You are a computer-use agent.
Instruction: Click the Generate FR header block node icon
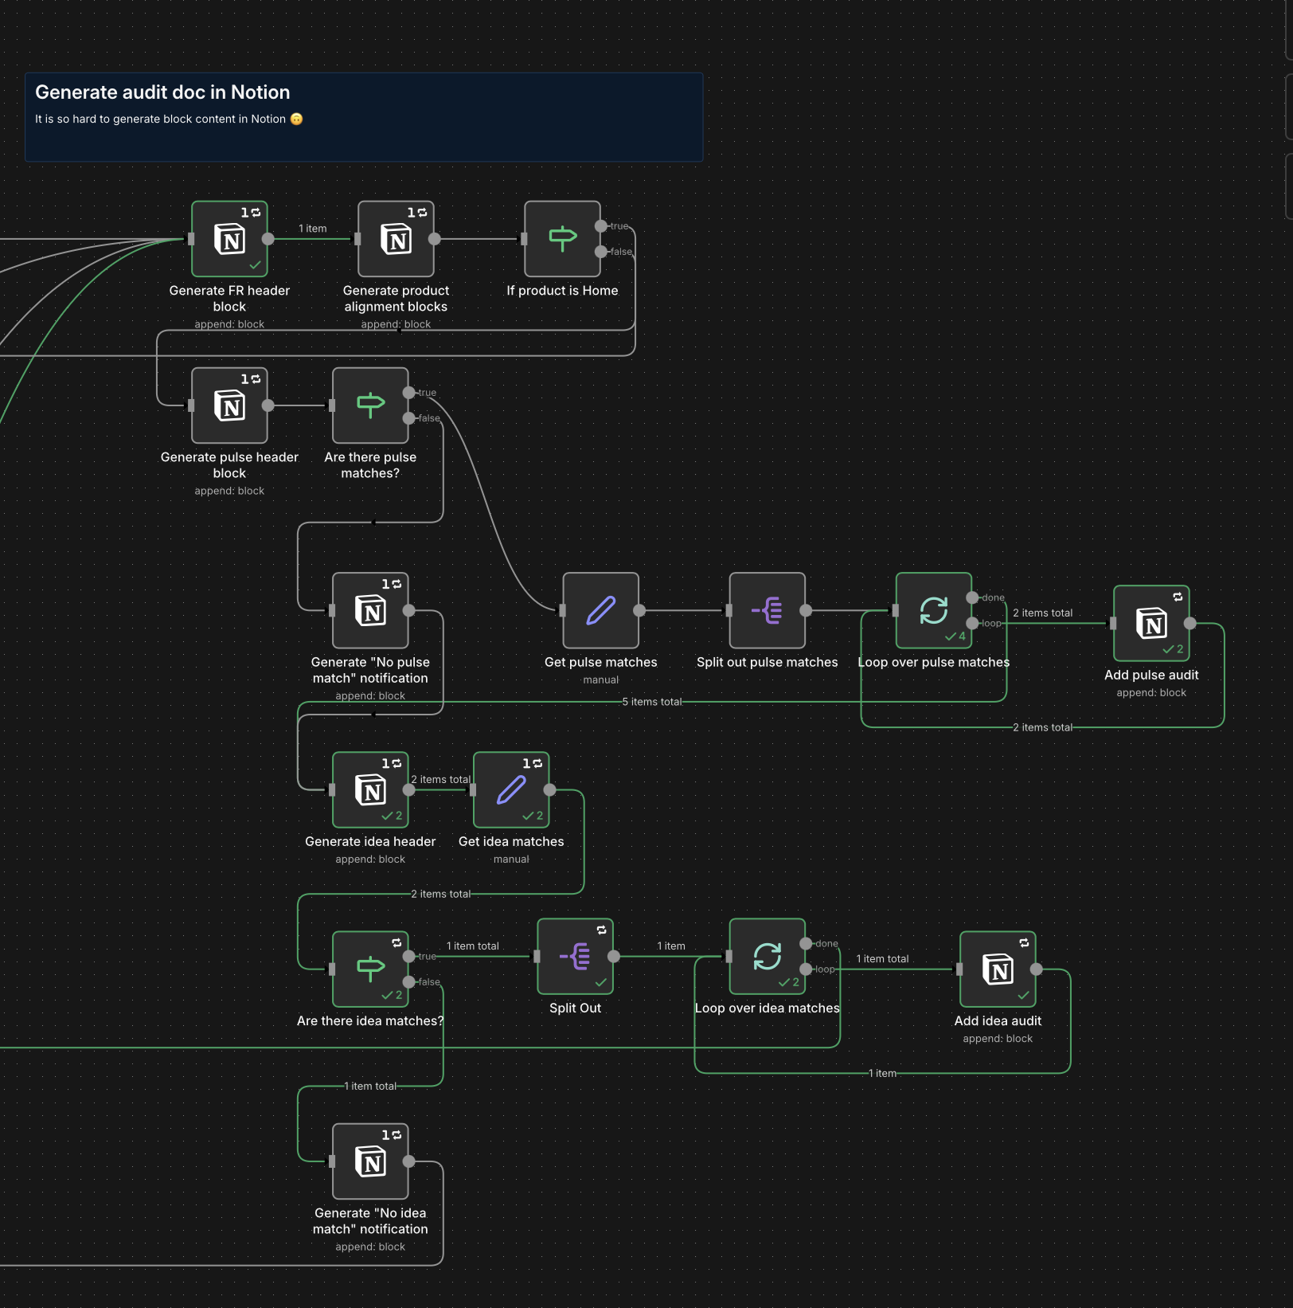229,239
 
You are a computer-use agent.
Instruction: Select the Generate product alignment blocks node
396,239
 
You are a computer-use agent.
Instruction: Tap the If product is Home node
562,239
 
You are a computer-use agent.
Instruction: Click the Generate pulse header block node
229,405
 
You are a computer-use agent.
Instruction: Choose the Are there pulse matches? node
370,405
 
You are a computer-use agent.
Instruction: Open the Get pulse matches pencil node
600,610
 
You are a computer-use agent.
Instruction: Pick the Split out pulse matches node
767,610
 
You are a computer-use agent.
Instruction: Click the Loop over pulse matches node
933,610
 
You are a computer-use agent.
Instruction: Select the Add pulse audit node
1151,623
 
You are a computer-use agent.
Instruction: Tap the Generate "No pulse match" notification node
370,610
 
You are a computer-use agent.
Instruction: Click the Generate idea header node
370,789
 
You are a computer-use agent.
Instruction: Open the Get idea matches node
511,789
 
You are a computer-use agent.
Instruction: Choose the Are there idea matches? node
370,969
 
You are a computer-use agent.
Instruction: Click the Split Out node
575,956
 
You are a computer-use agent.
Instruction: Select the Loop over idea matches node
767,956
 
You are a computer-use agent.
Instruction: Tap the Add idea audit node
998,969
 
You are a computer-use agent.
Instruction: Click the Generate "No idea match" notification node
370,1161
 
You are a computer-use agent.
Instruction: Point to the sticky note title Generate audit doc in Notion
162,92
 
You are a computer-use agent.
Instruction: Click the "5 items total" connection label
651,702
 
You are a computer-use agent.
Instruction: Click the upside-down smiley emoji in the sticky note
296,119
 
